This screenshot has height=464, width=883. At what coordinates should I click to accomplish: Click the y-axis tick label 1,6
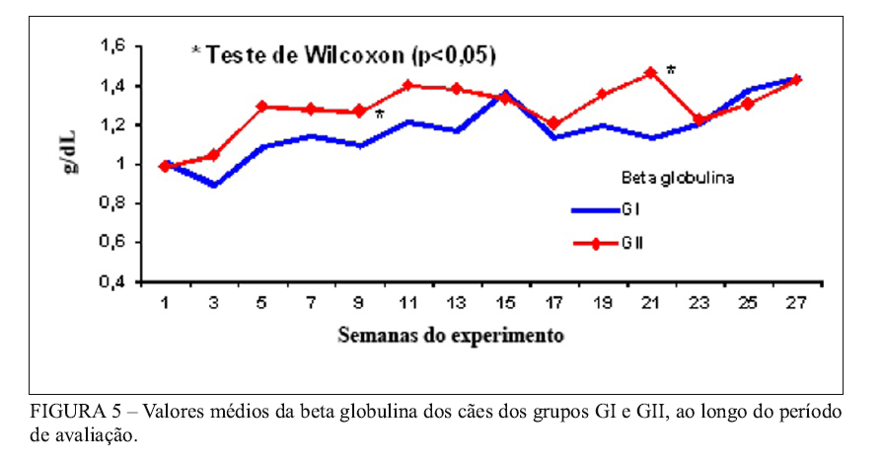click(113, 45)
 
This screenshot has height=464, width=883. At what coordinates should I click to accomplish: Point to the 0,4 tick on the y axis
click(113, 282)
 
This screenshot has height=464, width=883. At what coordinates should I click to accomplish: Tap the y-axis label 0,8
click(113, 203)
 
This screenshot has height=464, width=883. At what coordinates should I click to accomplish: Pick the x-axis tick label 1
click(165, 304)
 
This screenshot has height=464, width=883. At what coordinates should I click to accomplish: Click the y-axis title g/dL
click(74, 163)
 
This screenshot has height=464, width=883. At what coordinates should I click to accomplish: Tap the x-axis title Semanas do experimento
click(451, 335)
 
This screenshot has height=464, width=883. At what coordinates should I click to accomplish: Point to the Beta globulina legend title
click(675, 178)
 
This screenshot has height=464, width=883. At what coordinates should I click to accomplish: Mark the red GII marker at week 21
click(651, 72)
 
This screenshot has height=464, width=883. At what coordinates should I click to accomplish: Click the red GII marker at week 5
click(262, 106)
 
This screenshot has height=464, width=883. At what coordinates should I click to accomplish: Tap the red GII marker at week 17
click(554, 123)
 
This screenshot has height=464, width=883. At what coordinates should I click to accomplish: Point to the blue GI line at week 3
click(213, 185)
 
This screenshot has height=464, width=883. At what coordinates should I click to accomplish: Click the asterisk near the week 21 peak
click(671, 70)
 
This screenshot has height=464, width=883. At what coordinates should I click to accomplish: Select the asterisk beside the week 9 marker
click(379, 115)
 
